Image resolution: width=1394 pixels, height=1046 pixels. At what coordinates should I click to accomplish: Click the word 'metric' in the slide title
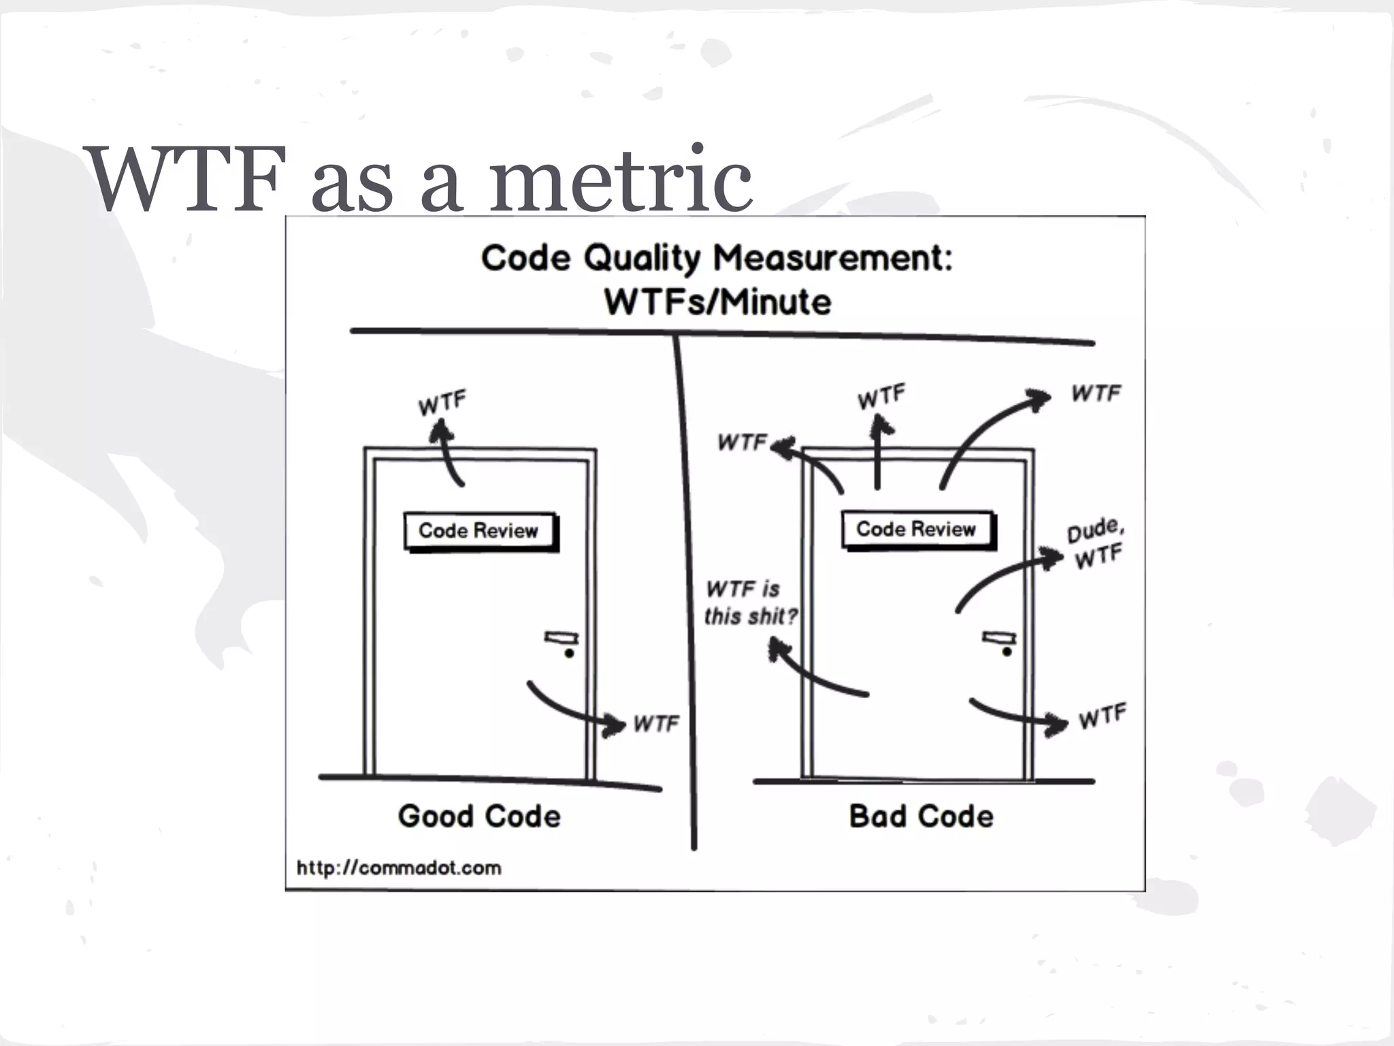620,180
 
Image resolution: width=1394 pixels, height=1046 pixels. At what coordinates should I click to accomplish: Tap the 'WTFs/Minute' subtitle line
717,302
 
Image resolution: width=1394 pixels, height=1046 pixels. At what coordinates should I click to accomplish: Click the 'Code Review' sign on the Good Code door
479,530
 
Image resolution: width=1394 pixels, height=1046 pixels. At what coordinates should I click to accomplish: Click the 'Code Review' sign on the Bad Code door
916,529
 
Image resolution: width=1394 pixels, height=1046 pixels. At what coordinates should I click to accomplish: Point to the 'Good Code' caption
479,816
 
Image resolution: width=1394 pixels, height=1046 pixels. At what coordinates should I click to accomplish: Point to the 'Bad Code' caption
921,816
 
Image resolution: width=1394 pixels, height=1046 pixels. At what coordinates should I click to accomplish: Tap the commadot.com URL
399,868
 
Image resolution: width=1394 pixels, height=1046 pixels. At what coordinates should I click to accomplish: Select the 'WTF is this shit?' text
749,603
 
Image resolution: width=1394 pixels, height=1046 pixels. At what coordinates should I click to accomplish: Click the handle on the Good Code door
562,641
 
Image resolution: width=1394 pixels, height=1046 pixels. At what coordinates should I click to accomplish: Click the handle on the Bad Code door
999,641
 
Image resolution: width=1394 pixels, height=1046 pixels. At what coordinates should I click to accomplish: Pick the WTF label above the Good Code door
442,403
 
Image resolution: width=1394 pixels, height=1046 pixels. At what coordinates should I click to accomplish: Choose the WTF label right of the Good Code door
656,723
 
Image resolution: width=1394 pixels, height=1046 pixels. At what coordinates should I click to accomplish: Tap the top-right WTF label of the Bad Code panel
1096,393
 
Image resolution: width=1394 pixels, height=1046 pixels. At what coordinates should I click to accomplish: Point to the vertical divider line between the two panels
686,592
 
